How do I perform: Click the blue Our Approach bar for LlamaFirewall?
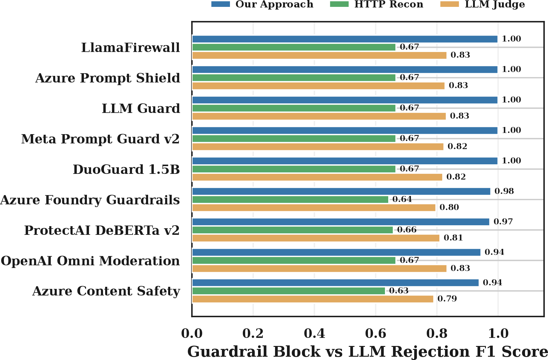345,39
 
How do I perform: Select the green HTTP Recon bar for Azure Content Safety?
288,291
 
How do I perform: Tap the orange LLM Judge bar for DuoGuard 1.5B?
317,177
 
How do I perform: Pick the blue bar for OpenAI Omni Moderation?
336,252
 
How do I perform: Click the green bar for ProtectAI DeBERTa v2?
292,230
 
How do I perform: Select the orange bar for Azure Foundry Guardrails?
314,207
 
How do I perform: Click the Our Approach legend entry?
263,4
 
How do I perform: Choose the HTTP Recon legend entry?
377,4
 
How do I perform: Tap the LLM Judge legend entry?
483,4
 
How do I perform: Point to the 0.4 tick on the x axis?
314,333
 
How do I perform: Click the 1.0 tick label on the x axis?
498,333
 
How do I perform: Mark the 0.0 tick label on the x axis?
192,333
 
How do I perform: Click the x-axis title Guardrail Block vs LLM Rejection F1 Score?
368,351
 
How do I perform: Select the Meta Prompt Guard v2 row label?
101,139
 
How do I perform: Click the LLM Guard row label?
141,108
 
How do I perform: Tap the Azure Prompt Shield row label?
108,78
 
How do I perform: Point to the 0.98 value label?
504,191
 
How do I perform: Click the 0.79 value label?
447,299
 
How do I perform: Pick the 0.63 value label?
399,291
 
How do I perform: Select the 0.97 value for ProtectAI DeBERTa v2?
503,222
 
